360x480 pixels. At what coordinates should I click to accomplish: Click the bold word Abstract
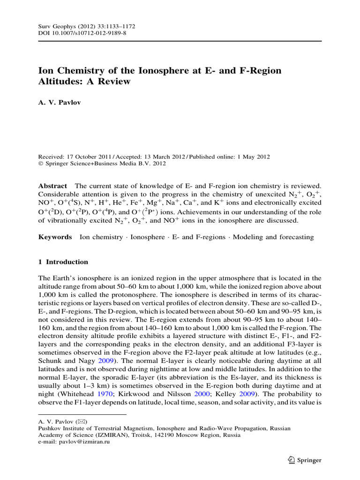coord(52,187)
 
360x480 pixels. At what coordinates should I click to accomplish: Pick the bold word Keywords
coord(55,237)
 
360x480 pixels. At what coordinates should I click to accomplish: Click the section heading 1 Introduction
coord(63,262)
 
